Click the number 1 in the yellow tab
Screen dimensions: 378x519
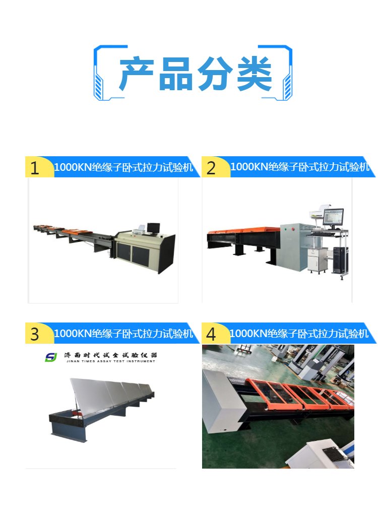pyautogui.click(x=34, y=168)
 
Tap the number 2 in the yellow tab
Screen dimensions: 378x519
pyautogui.click(x=211, y=168)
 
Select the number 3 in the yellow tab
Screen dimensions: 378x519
pyautogui.click(x=34, y=334)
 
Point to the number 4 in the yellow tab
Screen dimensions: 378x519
pyautogui.click(x=211, y=334)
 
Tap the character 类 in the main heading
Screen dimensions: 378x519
pyautogui.click(x=255, y=73)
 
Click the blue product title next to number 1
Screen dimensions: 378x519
pyautogui.click(x=123, y=167)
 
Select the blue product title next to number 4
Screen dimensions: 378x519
pyautogui.click(x=299, y=333)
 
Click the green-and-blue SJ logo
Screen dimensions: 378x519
pyautogui.click(x=51, y=357)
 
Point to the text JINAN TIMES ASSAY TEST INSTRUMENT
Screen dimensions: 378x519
pyautogui.click(x=110, y=361)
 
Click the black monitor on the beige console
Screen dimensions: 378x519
pyautogui.click(x=153, y=228)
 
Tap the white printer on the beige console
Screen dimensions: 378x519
pyautogui.click(x=139, y=229)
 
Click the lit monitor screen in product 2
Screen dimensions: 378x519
pyautogui.click(x=333, y=217)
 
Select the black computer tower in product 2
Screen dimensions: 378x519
pyautogui.click(x=340, y=260)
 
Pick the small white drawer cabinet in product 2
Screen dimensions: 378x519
pyautogui.click(x=318, y=260)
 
